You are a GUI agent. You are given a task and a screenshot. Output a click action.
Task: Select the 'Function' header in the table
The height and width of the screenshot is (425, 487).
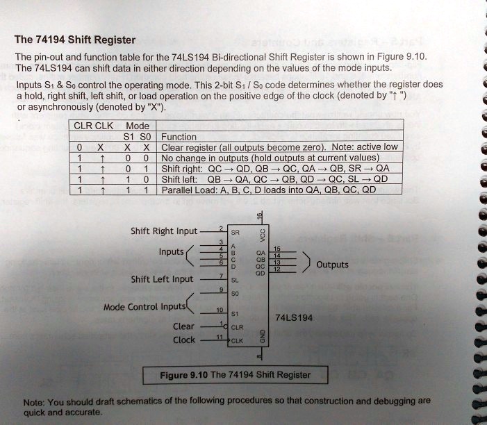[179, 137]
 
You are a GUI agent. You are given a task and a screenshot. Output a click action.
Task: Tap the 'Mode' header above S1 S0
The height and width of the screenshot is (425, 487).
[137, 126]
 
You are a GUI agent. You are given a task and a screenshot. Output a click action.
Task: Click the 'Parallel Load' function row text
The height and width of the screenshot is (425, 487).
[268, 190]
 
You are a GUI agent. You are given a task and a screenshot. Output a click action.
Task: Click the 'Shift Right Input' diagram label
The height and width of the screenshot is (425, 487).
[164, 231]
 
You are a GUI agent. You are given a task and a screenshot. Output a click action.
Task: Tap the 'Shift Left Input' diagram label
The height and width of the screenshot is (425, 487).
[163, 279]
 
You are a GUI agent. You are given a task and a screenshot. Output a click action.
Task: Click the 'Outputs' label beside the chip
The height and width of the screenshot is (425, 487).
[332, 265]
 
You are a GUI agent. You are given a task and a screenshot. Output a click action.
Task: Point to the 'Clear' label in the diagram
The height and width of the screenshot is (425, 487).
[183, 326]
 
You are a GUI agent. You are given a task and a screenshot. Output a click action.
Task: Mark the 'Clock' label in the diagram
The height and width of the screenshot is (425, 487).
[184, 340]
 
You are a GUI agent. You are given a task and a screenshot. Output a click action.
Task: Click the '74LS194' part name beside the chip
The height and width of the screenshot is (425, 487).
[294, 318]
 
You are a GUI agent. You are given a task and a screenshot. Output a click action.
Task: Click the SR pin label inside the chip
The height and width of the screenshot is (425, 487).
[236, 232]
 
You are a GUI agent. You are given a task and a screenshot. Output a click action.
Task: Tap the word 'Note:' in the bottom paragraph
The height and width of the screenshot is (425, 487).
[34, 402]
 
